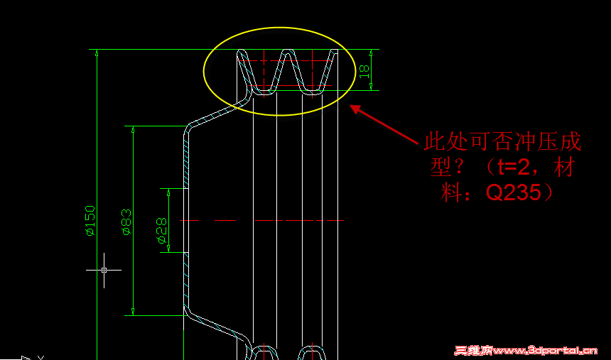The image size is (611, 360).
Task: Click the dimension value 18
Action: click(x=364, y=70)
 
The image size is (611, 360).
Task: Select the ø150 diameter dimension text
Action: click(x=90, y=220)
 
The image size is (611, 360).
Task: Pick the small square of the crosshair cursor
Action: click(x=104, y=270)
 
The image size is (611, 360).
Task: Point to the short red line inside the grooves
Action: click(x=291, y=86)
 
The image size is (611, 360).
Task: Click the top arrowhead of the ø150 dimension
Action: click(x=97, y=53)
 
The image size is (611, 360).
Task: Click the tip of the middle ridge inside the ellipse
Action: click(x=288, y=53)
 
